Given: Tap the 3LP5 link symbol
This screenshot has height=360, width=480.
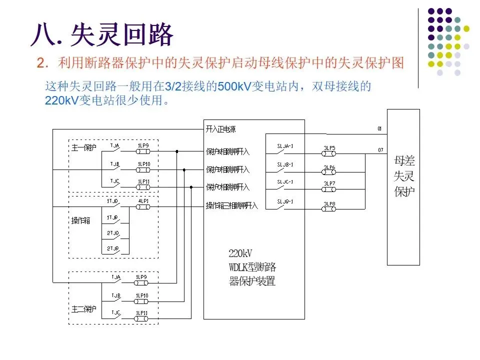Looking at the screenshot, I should pos(329,152).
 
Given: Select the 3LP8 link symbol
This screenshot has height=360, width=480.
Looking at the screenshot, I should pos(329,207).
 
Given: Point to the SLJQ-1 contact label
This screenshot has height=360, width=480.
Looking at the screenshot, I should pos(285,201).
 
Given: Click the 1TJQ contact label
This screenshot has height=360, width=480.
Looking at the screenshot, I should pos(112,201).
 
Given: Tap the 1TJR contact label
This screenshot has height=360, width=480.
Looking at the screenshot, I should pos(112,217).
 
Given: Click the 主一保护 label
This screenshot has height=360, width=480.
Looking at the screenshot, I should pos(82,147).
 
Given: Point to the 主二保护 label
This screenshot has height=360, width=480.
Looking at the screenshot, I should pos(82,309).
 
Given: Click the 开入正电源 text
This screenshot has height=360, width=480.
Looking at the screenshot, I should pos(220,129).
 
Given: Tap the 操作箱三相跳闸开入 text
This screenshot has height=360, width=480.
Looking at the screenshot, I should pos(232,206).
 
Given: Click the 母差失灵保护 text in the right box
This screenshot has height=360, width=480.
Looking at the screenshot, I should pos(404,176).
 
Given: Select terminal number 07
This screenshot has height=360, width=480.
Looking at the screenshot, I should pos(380,150).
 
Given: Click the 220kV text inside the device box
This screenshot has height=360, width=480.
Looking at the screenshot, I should pos(238,253).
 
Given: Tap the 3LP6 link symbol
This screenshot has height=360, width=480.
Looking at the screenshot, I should pos(329,170).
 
